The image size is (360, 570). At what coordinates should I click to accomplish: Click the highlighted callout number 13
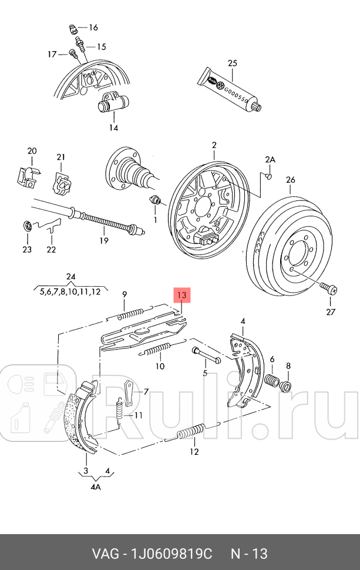pyautogui.click(x=181, y=294)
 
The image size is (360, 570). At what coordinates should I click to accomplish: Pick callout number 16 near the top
pyautogui.click(x=93, y=28)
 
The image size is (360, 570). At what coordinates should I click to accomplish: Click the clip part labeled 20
pyautogui.click(x=26, y=176)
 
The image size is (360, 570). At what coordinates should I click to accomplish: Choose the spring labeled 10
pyautogui.click(x=159, y=351)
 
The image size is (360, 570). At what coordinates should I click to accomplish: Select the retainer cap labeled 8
pyautogui.click(x=287, y=386)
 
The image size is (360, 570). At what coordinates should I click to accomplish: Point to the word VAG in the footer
pyautogui.click(x=106, y=554)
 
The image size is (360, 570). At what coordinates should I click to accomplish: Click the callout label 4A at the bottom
pyautogui.click(x=96, y=487)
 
